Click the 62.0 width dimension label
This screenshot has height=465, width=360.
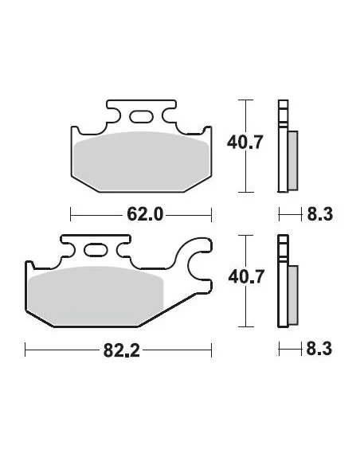(145, 214)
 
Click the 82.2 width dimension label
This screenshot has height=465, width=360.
(121, 350)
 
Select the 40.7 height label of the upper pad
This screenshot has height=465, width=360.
(245, 142)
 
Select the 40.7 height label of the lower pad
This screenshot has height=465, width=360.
(246, 276)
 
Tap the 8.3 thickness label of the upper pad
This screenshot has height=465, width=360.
(320, 214)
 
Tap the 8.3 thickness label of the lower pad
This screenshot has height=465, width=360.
(319, 349)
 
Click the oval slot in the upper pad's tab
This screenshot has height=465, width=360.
(141, 116)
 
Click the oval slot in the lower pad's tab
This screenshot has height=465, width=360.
(96, 249)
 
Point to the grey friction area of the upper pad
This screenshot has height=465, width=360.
(142, 162)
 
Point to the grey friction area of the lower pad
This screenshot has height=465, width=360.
(96, 295)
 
